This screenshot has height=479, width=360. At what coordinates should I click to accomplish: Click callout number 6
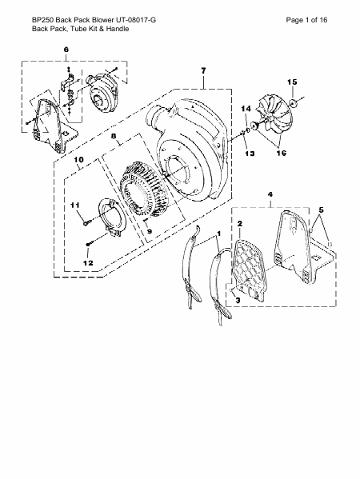coord(66,50)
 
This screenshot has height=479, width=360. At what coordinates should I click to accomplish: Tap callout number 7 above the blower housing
coord(203,70)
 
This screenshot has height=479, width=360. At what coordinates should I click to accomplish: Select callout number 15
coord(292,82)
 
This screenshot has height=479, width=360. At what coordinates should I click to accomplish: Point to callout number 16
coord(282,153)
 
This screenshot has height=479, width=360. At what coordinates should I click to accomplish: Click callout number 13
coord(250,154)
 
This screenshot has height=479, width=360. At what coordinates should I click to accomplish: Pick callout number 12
coord(88,263)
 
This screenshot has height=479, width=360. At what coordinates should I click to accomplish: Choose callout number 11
coord(75,205)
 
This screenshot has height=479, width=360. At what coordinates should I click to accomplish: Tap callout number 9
coord(150,231)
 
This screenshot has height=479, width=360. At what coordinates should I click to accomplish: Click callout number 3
coord(238,300)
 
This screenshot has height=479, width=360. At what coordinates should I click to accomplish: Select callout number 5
coord(321,210)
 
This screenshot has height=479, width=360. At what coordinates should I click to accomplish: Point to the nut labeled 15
coord(294,104)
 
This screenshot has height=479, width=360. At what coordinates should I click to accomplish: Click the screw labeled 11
coord(86,223)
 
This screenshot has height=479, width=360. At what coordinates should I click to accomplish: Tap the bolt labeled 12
coord(88,244)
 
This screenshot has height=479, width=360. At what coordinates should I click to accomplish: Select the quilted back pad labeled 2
coord(250,269)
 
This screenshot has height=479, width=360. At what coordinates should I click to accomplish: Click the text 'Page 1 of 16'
coord(306,20)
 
